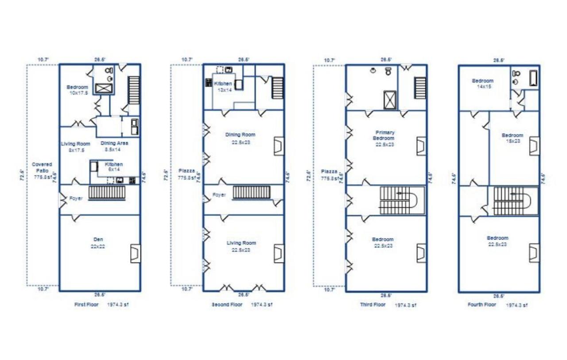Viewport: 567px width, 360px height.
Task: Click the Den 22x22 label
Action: point(98,243)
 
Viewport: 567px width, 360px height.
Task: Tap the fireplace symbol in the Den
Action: point(135,253)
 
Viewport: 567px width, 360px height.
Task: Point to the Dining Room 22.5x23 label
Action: point(241,138)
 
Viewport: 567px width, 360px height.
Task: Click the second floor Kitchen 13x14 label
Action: point(223,86)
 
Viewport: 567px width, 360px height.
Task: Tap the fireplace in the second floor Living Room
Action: point(279,253)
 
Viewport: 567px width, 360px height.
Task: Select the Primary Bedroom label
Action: point(384,138)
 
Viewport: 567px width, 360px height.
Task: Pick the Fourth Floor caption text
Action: point(482,305)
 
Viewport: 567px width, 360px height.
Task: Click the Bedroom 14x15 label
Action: point(482,84)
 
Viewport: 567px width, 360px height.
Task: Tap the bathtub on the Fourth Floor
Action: point(533,78)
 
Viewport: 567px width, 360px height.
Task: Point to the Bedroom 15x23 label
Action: point(512,138)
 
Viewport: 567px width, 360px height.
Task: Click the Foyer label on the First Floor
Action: point(76,198)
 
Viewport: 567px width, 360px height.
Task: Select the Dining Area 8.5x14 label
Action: point(114,146)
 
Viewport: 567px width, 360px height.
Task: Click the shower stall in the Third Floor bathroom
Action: point(389,99)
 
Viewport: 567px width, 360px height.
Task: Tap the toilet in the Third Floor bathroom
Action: point(388,71)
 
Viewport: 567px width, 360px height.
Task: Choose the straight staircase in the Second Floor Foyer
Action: point(252,192)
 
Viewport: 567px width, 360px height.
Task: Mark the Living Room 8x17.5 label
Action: point(75,147)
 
